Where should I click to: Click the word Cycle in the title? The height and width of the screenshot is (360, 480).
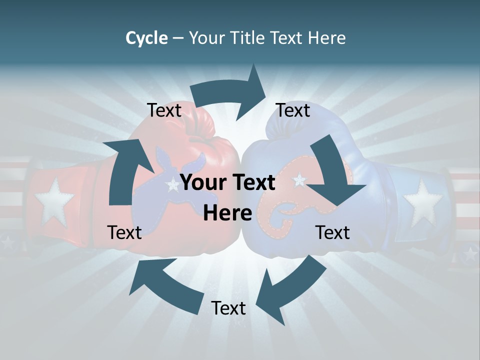point(146,38)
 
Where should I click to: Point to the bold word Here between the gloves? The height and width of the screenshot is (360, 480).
point(227,213)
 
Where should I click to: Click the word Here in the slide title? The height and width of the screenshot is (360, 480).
point(325,38)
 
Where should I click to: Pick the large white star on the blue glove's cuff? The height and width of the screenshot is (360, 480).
point(423,202)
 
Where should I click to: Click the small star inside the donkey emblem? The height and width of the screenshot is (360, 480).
point(173,186)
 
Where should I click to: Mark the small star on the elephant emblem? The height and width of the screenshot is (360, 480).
point(299,179)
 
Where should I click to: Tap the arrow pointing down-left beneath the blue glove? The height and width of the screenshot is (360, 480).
point(290,287)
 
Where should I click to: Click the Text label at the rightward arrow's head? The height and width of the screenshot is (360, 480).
point(293,110)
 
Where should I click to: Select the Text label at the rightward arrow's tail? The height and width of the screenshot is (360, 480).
point(164,110)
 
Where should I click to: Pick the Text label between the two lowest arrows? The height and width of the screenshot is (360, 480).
point(228,308)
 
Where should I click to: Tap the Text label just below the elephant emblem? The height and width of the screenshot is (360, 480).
point(332,232)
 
